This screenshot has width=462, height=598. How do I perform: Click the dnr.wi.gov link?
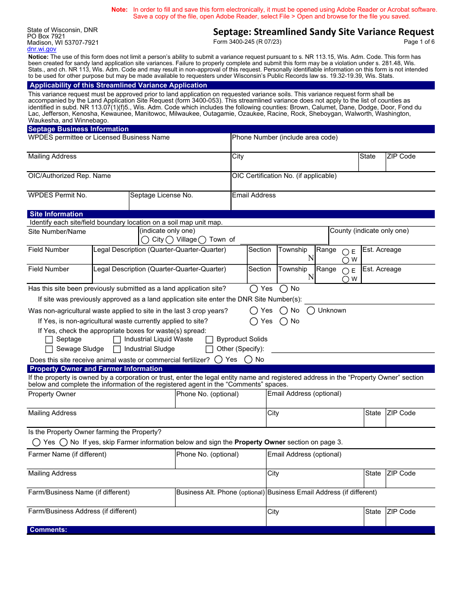(42, 49)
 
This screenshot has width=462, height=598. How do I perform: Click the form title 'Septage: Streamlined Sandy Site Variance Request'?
(323, 32)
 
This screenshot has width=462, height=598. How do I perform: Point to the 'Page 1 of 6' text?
(419, 42)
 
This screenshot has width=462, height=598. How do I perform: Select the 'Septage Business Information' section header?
(78, 129)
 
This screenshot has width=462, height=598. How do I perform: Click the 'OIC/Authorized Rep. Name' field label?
(70, 176)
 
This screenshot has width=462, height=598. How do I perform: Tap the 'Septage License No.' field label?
(161, 195)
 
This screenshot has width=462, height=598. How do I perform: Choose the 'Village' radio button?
(170, 240)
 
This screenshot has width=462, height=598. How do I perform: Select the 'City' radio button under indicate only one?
(145, 240)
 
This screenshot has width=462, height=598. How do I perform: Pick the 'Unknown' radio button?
(311, 311)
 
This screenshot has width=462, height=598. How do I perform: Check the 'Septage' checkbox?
(49, 340)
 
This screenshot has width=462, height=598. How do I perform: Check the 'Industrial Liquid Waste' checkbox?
(117, 340)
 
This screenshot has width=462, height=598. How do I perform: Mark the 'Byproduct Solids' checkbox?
(210, 340)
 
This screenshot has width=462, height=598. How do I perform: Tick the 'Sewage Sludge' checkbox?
(49, 349)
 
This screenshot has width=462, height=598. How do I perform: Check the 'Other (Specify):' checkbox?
(210, 349)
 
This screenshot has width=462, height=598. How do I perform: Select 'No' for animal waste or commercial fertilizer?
(249, 360)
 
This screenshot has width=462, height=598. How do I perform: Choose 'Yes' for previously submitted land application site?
(254, 289)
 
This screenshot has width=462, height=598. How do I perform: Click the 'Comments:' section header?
(49, 530)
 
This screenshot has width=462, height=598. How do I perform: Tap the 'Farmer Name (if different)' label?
(67, 455)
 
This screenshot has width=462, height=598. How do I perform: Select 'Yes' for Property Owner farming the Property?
(36, 442)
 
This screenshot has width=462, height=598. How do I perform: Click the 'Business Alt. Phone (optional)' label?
(220, 492)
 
